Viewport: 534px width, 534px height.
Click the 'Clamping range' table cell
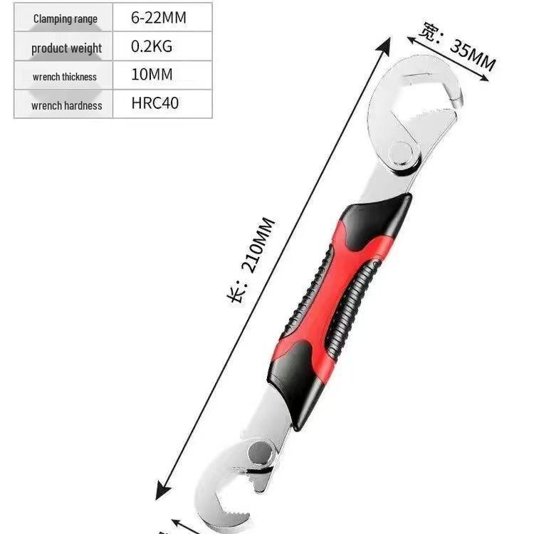tap(65, 19)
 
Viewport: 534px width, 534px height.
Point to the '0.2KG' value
tap(152, 47)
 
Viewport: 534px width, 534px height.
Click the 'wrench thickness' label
tap(64, 76)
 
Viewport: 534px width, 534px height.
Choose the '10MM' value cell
tap(152, 75)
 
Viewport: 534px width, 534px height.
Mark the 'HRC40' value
tap(155, 103)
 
